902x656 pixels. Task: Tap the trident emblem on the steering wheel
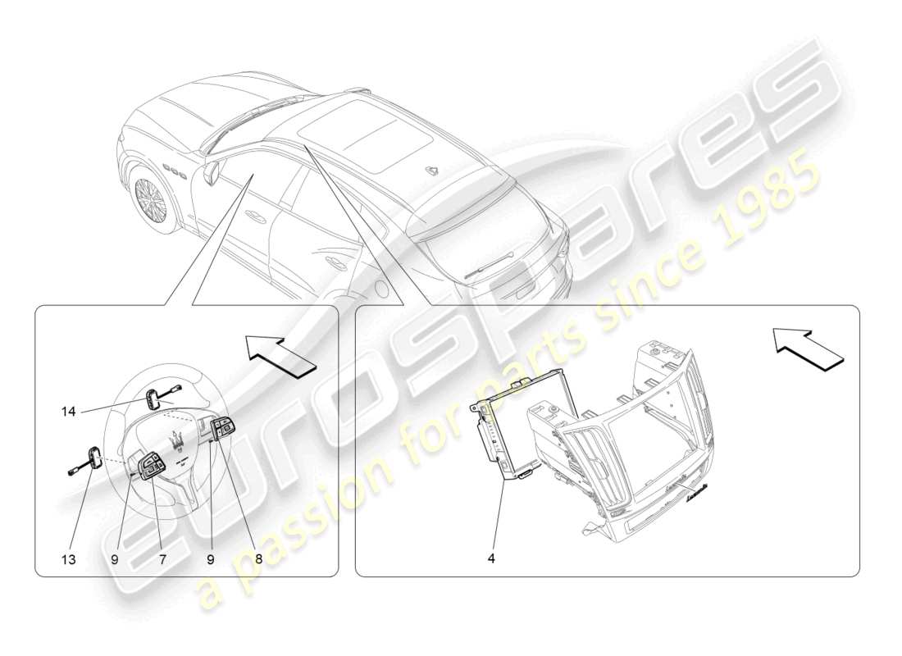175,440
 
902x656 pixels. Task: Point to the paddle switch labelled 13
94,457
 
